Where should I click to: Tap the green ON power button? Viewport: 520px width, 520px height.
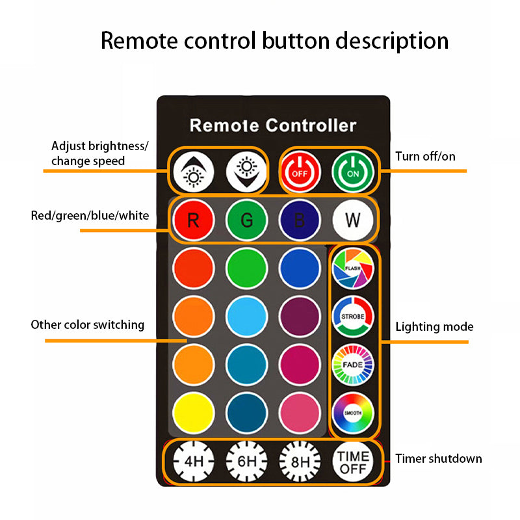point(352,172)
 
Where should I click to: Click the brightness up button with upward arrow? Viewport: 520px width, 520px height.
point(194,172)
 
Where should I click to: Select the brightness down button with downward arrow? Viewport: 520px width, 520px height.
point(246,172)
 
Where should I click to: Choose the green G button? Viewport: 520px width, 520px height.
point(246,220)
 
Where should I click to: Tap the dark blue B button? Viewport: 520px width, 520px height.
point(300,220)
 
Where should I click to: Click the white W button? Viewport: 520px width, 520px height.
point(352,220)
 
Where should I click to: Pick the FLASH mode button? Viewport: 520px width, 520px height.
point(352,268)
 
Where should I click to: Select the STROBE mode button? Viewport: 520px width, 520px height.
point(352,317)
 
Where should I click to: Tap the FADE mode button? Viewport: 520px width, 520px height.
point(352,365)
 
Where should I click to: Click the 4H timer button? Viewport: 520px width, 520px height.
point(194,461)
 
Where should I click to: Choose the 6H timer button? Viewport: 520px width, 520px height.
point(246,461)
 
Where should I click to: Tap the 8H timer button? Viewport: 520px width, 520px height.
point(300,461)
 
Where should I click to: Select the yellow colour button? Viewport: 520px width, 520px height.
point(194,413)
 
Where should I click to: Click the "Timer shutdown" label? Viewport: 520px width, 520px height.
point(438,459)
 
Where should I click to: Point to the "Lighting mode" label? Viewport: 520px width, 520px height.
point(434,327)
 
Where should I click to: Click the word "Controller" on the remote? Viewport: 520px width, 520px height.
point(311,125)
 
